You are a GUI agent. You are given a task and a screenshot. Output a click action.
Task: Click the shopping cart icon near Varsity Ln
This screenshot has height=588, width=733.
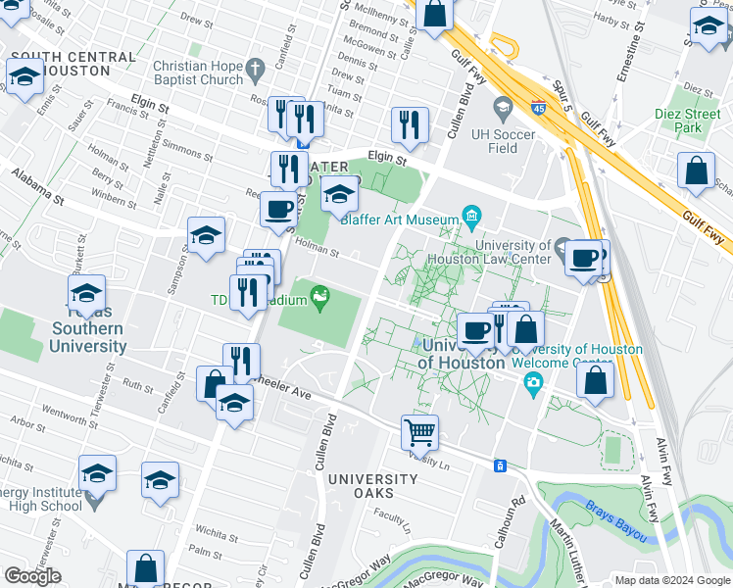tap(419, 430)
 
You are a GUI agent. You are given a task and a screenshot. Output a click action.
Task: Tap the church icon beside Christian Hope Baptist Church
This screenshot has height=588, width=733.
tap(257, 70)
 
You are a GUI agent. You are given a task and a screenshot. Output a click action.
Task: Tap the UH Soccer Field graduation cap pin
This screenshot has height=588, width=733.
tap(503, 105)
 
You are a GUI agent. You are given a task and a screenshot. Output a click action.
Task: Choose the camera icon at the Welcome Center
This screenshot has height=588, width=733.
tap(532, 380)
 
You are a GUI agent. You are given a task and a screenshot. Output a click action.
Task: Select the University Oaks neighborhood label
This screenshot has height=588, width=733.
tap(372, 479)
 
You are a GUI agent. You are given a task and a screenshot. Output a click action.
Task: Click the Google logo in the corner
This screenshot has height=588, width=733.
tap(32, 576)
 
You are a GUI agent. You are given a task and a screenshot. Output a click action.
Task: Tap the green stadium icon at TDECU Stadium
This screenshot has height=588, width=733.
tap(319, 295)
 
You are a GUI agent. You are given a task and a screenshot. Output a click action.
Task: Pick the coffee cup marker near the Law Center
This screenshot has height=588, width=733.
tap(584, 258)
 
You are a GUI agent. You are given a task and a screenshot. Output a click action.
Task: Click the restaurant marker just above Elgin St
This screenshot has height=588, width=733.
tap(409, 124)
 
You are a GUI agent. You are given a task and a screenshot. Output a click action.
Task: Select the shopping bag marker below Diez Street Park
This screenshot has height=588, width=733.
tap(696, 171)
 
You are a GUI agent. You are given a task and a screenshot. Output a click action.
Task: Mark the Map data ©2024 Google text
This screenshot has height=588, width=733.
tap(671, 579)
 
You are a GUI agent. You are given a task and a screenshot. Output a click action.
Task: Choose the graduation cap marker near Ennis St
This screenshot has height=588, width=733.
tap(24, 76)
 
